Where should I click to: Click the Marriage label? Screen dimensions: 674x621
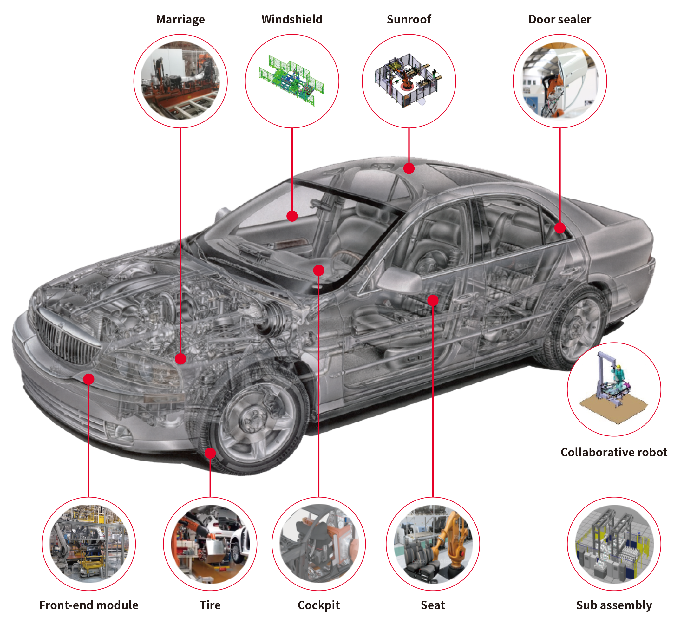[x=180, y=19]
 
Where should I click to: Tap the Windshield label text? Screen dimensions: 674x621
[x=292, y=19]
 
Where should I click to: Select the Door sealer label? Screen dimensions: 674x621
[x=560, y=19]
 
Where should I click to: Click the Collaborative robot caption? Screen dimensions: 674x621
[x=614, y=452]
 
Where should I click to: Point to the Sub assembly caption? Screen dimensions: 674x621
[x=614, y=605]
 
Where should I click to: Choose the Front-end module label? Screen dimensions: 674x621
[x=89, y=605]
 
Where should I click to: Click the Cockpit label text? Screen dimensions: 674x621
[x=318, y=605]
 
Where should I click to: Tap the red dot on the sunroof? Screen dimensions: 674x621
[x=409, y=168]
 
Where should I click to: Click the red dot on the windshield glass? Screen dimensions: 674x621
[x=292, y=216]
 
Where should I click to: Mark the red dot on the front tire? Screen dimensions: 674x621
[x=210, y=453]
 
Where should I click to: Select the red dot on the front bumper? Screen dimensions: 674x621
[x=89, y=379]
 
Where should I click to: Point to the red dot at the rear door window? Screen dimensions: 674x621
[x=560, y=228]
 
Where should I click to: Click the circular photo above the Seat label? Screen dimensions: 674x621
[x=433, y=544]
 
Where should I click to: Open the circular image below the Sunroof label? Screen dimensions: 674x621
[x=409, y=81]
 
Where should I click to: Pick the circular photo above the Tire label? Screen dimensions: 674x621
[x=210, y=544]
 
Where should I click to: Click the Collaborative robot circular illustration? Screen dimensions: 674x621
[x=614, y=389]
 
